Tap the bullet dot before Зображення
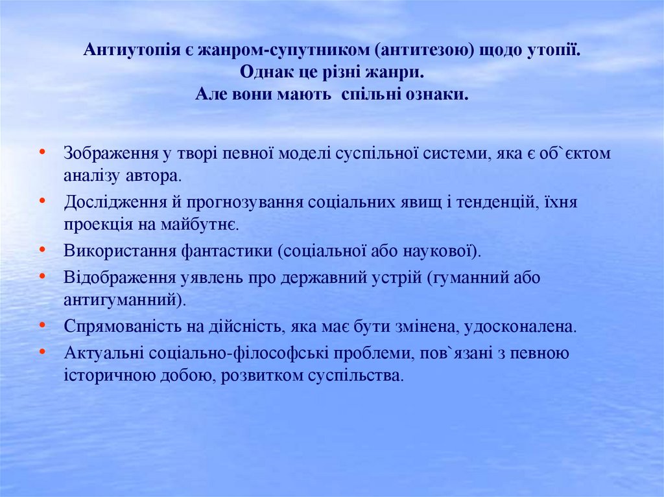42,152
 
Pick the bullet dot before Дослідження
42,200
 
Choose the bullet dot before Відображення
42,275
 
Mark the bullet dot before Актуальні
42,351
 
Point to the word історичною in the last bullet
100,375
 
